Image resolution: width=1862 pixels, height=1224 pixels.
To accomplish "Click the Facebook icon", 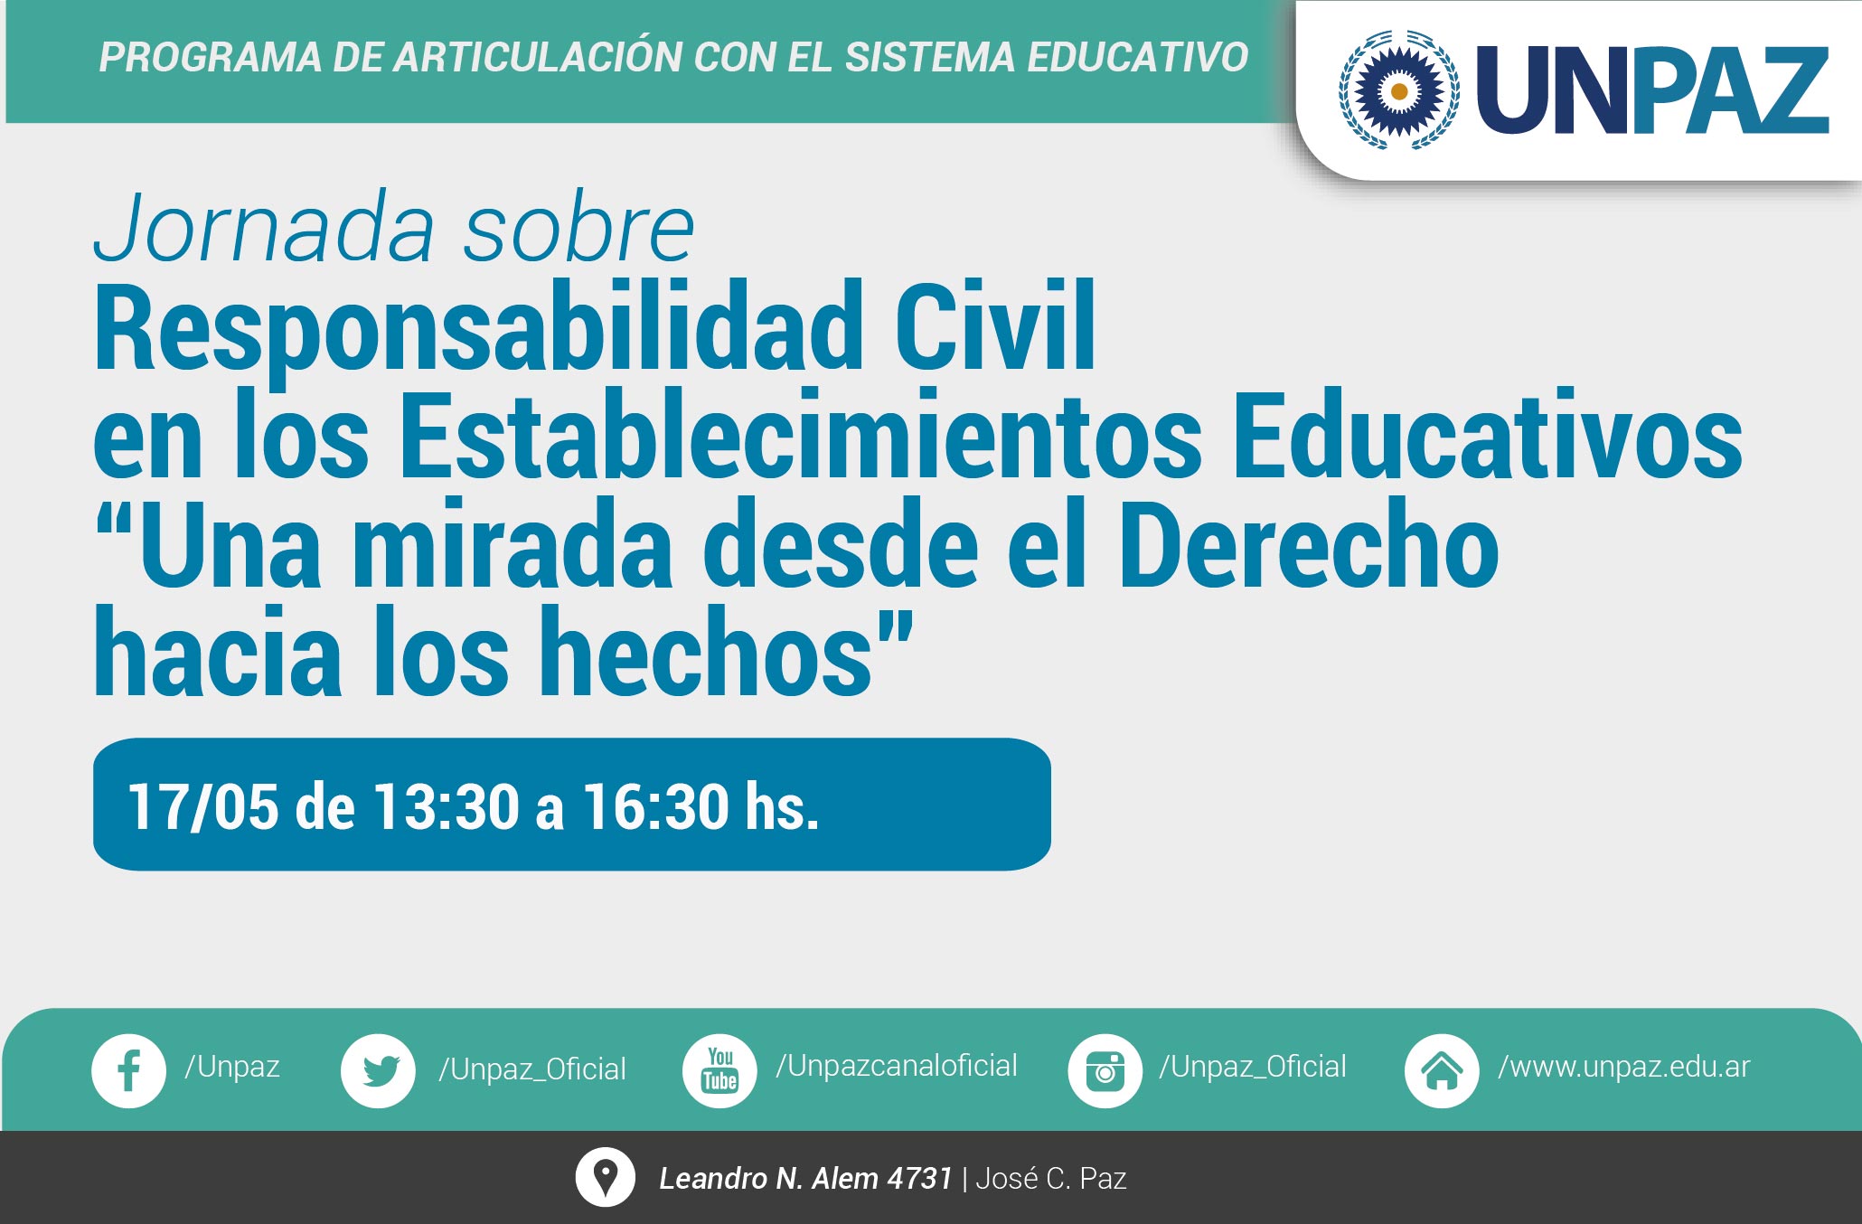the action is (128, 1071).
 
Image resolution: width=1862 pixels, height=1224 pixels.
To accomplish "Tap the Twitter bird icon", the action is (378, 1071).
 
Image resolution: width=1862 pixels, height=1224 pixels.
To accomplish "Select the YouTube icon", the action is (719, 1071).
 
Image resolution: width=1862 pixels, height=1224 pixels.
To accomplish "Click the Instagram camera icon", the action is (1105, 1071).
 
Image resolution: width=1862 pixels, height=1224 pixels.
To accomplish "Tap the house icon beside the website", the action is (1442, 1071).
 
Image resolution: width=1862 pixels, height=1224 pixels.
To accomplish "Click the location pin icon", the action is (605, 1177).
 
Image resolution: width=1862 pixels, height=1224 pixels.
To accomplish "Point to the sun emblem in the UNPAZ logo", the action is (1398, 90).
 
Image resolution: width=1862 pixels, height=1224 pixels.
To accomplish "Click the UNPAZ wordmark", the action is (1652, 90).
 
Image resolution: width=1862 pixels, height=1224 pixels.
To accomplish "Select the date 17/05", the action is (203, 806).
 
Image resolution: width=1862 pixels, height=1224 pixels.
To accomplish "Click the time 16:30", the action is (654, 806).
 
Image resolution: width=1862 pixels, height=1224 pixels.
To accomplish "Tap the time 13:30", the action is (446, 806).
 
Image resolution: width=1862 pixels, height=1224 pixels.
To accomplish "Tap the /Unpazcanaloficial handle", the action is (897, 1066).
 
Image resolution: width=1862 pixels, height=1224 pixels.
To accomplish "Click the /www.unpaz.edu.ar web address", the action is (1624, 1068).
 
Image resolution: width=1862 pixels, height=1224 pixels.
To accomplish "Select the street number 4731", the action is (920, 1178).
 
